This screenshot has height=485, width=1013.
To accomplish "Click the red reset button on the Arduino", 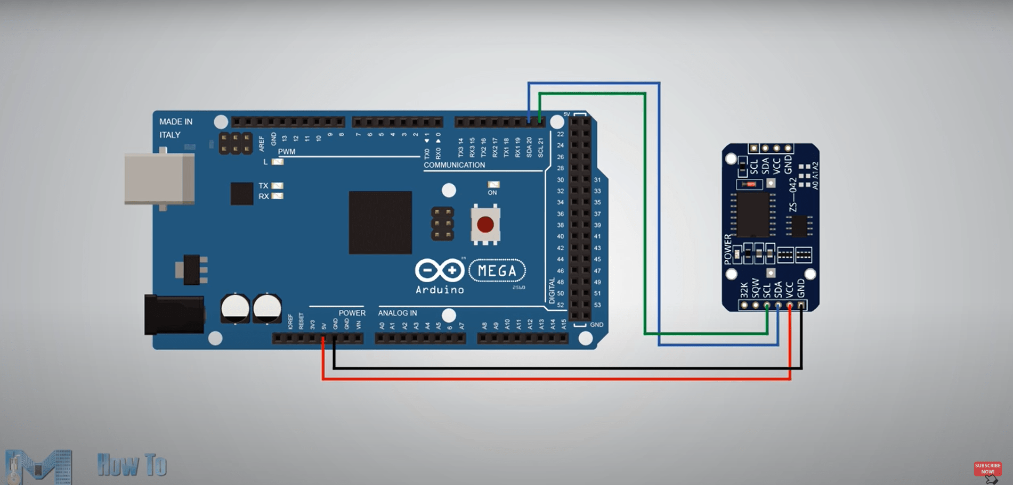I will tap(485, 225).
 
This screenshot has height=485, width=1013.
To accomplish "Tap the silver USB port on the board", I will tap(159, 179).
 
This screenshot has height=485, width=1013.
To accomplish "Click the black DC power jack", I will tap(174, 315).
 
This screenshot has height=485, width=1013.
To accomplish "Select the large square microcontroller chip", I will tap(380, 222).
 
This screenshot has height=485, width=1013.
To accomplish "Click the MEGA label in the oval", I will tap(497, 271).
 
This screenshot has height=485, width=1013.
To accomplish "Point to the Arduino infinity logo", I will tap(440, 270).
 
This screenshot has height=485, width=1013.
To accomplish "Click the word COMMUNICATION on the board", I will tap(454, 165).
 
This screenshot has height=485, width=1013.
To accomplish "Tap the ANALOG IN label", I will tap(398, 313).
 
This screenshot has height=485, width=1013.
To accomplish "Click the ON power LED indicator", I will tap(493, 185).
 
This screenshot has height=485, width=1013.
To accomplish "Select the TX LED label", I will tap(263, 186).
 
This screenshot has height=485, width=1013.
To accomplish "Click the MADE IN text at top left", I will tap(176, 122).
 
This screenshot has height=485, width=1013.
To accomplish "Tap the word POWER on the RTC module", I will tap(728, 249).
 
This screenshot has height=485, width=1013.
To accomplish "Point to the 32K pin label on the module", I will tap(744, 290).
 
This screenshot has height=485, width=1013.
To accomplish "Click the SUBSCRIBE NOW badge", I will tap(987, 468).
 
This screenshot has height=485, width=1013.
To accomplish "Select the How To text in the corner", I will tap(132, 465).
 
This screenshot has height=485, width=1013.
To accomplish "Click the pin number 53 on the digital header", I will tap(597, 305).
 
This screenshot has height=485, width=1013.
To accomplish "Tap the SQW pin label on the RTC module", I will tap(756, 288).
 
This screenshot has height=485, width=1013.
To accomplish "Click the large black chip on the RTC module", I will tap(752, 215).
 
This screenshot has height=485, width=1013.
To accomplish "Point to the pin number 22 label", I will tap(561, 134).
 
